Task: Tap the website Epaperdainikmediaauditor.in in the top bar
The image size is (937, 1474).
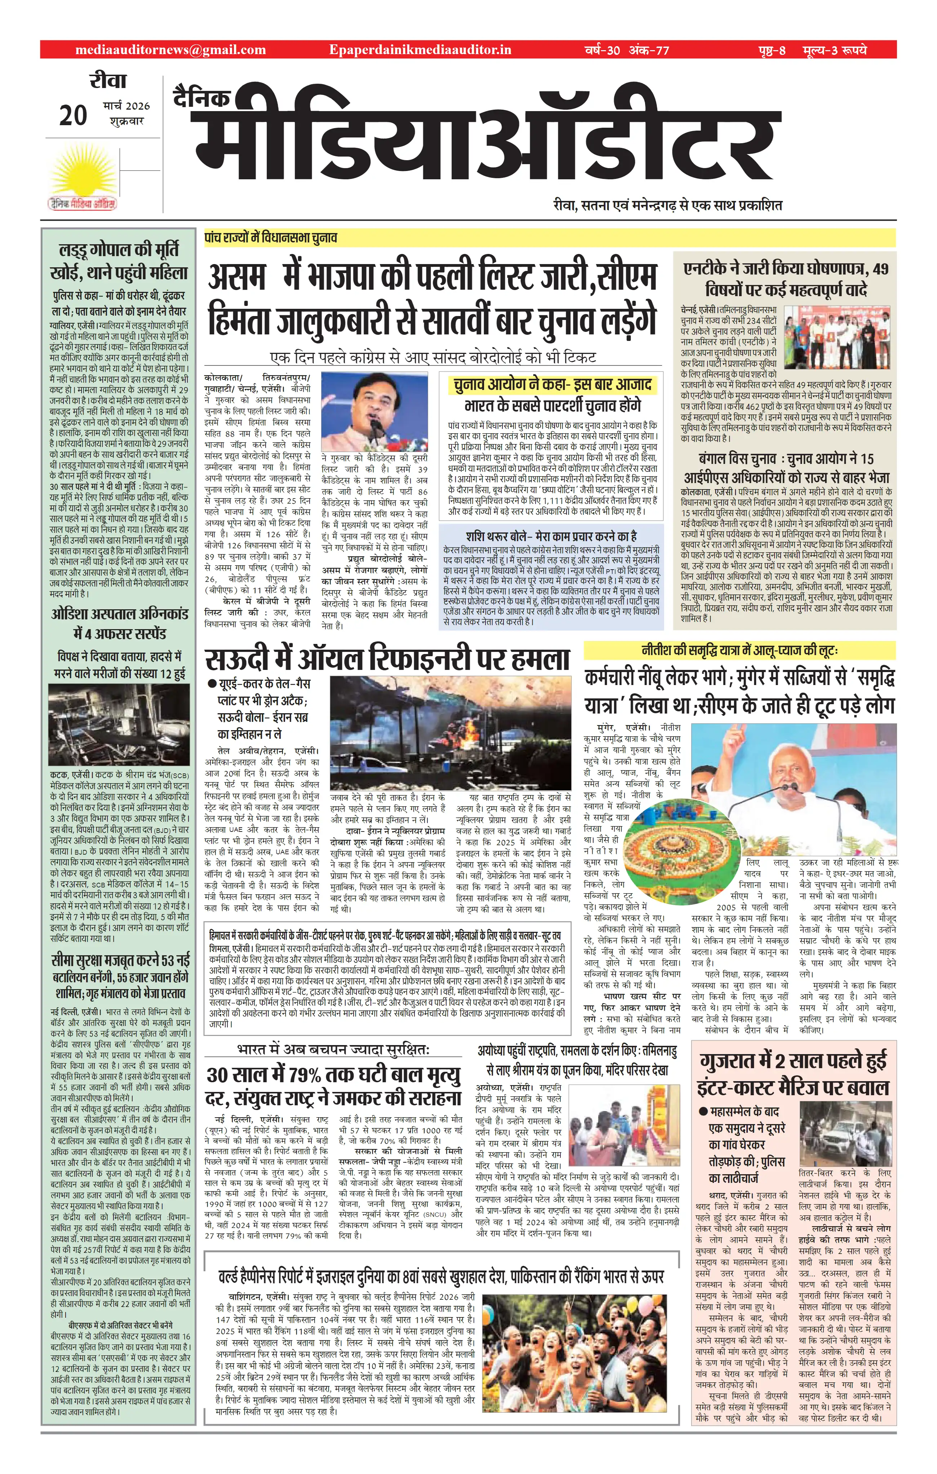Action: point(419,50)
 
